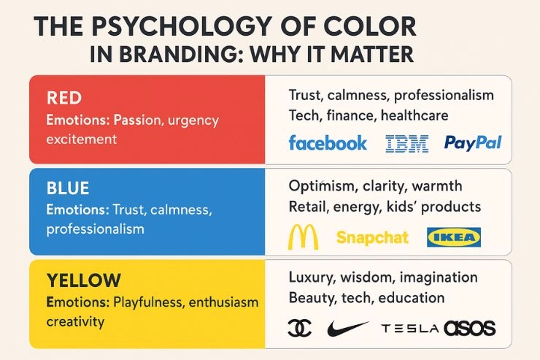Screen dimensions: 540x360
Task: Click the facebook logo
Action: tap(328, 142)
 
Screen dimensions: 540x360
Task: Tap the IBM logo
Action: tap(407, 144)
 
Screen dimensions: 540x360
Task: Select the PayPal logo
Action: tap(473, 142)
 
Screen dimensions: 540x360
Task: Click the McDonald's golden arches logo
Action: tap(303, 237)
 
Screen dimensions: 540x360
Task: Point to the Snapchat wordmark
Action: tap(372, 237)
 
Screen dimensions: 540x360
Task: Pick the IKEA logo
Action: tap(454, 237)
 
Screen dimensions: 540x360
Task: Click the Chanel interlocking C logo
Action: tap(300, 328)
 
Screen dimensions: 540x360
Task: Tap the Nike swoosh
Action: tap(347, 329)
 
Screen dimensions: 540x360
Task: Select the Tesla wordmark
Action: tap(410, 329)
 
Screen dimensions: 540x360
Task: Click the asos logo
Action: tap(470, 329)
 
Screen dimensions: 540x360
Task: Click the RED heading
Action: tap(64, 98)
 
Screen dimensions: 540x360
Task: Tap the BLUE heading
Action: tap(68, 188)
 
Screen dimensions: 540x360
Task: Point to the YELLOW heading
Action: tap(84, 280)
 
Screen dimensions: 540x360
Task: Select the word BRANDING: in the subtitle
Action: tap(182, 55)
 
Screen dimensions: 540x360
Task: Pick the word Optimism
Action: tap(321, 186)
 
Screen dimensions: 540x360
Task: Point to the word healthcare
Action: tap(414, 115)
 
